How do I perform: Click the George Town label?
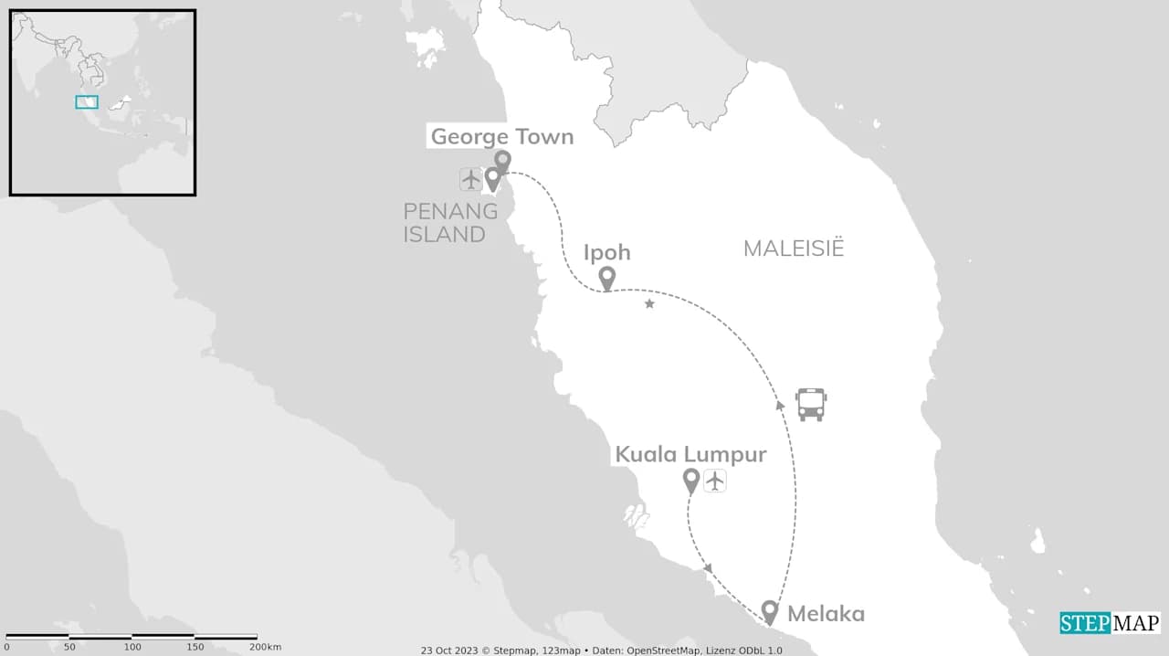click(x=501, y=137)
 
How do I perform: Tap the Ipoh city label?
click(x=606, y=253)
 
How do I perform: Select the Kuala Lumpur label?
click(x=690, y=454)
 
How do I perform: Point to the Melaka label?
click(x=826, y=614)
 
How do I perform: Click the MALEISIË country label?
click(x=793, y=249)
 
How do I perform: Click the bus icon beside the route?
click(x=811, y=404)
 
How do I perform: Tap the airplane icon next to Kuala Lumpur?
click(x=714, y=480)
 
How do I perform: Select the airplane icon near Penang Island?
click(x=470, y=179)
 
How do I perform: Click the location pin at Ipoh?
click(x=606, y=278)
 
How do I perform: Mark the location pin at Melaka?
click(x=770, y=611)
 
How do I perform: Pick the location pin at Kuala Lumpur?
click(x=691, y=480)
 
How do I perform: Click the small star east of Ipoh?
click(x=649, y=303)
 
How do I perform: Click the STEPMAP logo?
click(x=1110, y=623)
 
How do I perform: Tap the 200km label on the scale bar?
click(x=266, y=647)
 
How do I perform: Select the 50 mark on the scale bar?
click(x=69, y=647)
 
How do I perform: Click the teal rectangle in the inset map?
click(x=87, y=102)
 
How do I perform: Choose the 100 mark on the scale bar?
click(x=132, y=647)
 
